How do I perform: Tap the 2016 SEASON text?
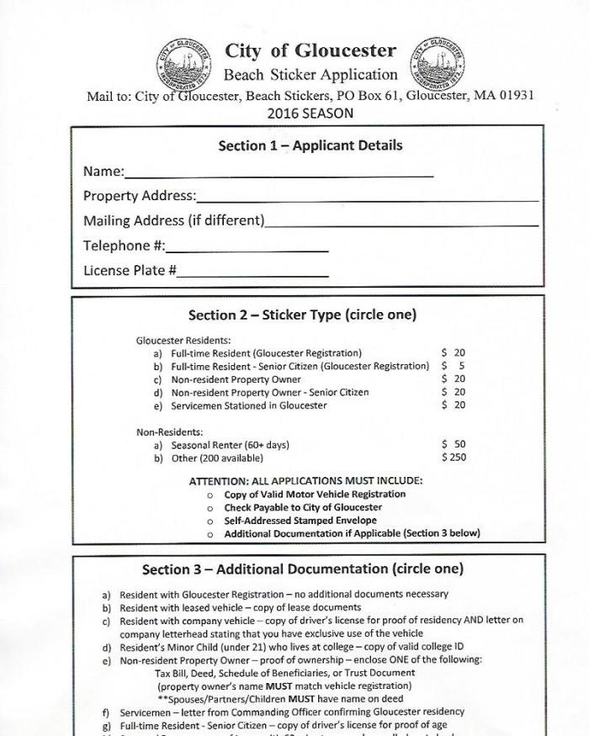310,113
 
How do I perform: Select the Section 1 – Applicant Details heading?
310,146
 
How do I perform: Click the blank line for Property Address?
367,199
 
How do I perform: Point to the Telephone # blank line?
247,249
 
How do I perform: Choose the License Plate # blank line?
252,274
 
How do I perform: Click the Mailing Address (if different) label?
173,221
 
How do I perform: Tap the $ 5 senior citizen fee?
453,366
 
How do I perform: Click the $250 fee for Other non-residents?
453,458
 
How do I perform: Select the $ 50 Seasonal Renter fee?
453,444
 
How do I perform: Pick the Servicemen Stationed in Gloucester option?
248,405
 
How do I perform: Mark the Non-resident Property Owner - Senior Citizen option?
269,392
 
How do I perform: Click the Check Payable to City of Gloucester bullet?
302,507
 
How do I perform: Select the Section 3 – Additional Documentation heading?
302,569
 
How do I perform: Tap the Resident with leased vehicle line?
240,607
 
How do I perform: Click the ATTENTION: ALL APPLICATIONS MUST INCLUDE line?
305,481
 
